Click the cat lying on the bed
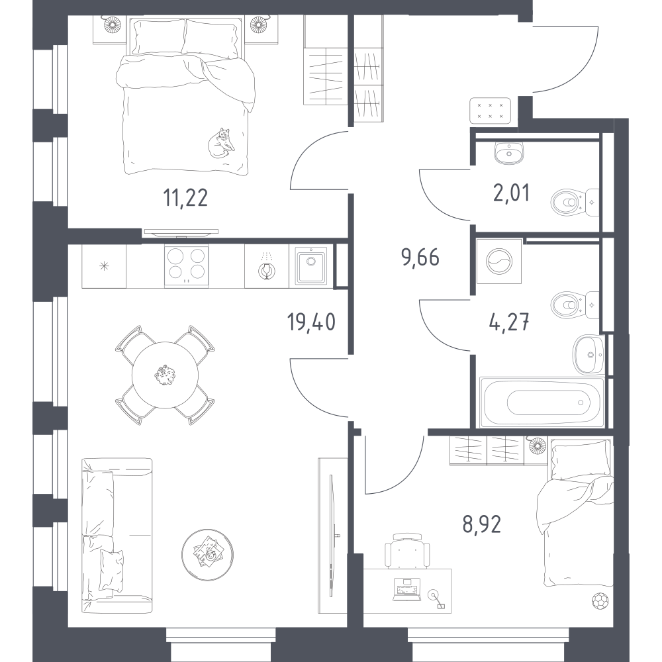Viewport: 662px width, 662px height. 221,143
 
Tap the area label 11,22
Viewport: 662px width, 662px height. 185,197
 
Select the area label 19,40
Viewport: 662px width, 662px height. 311,322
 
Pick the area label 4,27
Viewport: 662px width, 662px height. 508,323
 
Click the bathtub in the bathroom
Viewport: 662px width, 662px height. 542,402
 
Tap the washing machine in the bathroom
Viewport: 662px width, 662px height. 498,261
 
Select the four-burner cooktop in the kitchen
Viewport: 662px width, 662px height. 186,266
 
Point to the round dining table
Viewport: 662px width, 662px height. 165,375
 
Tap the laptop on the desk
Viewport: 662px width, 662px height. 407,590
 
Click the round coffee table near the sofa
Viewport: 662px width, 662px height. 207,555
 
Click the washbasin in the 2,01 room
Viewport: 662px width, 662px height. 509,152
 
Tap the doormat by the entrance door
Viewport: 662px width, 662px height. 490,111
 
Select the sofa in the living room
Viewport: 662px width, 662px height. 117,536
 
